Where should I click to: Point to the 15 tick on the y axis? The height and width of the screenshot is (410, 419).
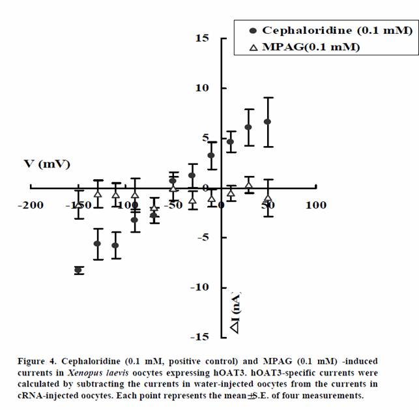tap(202, 38)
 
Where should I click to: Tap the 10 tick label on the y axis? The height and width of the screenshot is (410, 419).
tap(202, 88)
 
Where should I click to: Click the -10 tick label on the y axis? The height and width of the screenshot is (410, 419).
tap(199, 287)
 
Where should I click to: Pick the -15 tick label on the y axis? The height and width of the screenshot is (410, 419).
tap(199, 337)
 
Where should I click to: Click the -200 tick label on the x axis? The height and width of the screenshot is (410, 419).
tap(30, 205)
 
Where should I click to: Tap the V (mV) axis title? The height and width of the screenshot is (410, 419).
tap(47, 164)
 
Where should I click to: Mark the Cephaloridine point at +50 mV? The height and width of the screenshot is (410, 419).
tap(267, 122)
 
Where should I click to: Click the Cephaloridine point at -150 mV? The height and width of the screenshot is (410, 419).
tap(79, 270)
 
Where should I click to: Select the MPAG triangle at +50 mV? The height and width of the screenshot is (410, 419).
tap(267, 198)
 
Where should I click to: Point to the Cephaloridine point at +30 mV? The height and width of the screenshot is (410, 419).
tap(248, 127)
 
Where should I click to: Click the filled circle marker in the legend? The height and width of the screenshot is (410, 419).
tap(253, 31)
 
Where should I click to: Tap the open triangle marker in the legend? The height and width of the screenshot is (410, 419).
tap(253, 46)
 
